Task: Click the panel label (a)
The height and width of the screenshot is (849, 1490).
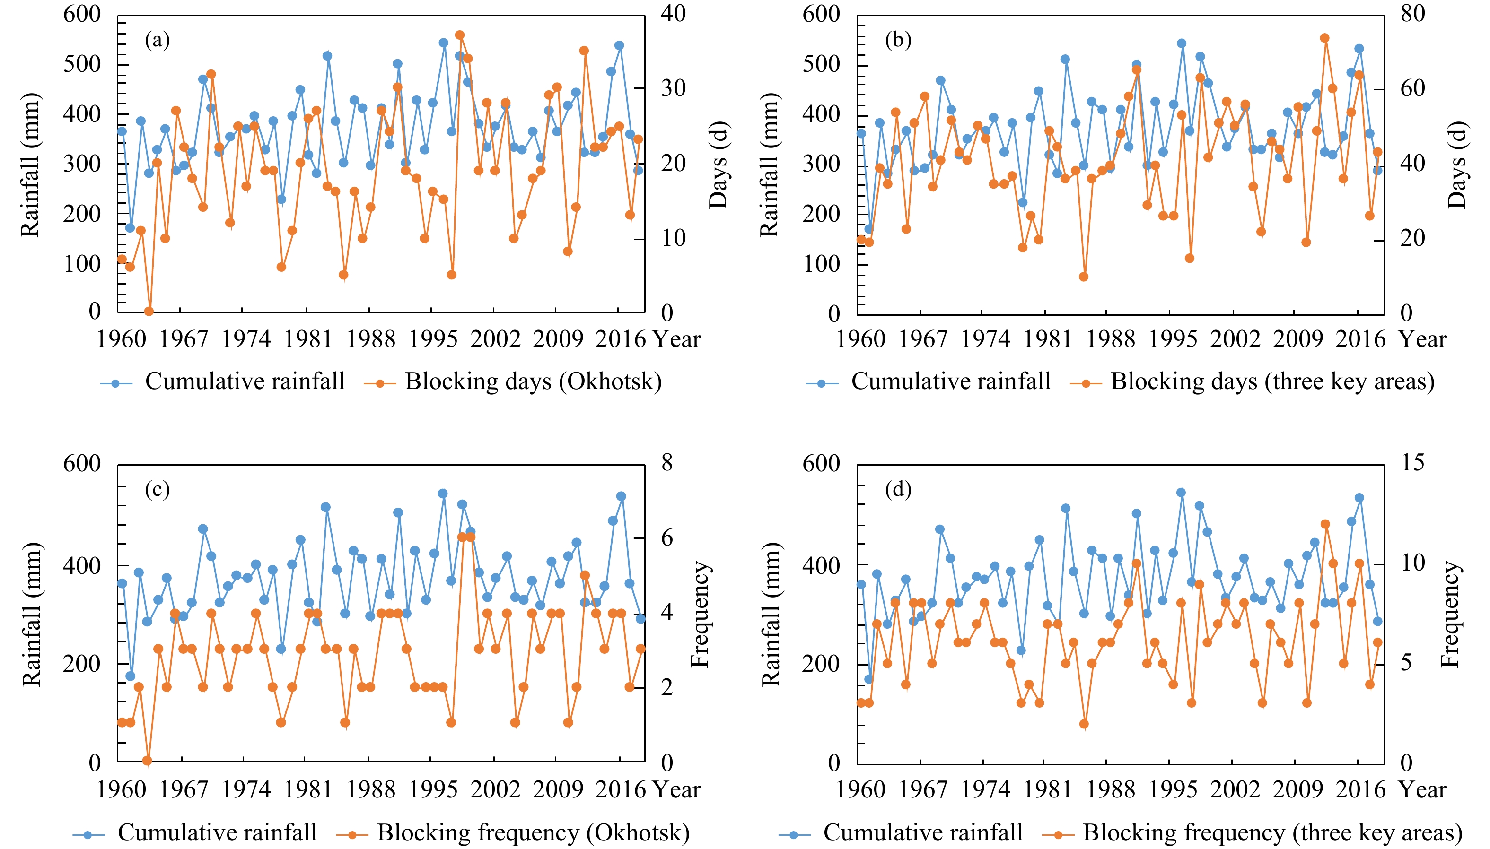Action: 157,40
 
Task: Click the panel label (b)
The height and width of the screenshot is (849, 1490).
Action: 897,40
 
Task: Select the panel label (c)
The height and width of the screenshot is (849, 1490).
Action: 157,490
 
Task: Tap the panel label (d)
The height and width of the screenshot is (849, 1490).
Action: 897,490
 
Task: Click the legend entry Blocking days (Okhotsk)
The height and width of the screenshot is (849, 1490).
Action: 533,382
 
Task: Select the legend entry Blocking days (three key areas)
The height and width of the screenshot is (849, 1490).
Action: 1272,382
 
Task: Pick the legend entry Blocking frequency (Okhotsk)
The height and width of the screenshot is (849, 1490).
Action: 533,832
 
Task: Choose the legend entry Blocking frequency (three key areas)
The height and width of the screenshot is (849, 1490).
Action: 1272,832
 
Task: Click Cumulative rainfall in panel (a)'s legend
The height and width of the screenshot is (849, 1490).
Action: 245,382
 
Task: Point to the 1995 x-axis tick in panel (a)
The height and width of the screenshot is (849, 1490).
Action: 433,339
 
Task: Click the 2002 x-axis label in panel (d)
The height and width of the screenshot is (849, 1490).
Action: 1235,789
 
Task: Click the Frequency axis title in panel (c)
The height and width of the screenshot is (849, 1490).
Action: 699,614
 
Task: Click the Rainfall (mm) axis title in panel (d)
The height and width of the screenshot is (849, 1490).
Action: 770,614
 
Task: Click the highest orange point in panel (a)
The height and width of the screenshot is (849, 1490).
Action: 460,35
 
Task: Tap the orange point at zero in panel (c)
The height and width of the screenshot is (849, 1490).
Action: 147,761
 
